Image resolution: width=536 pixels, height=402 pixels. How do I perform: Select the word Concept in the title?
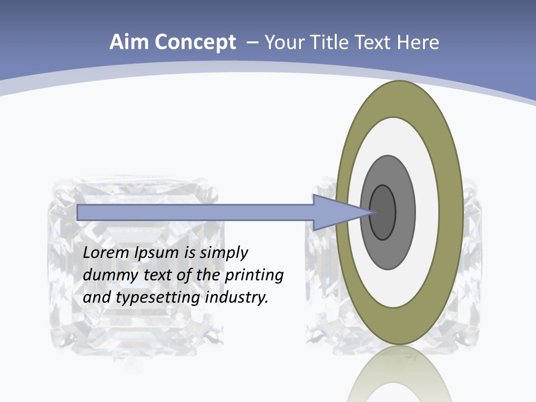click(195, 43)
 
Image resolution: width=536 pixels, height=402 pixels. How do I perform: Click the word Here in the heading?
click(418, 42)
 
